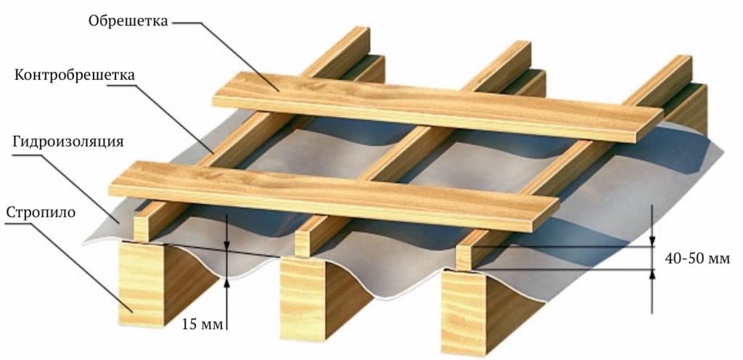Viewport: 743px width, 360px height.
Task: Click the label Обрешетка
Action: [x=128, y=21]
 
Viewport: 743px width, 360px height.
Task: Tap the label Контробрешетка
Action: [x=75, y=75]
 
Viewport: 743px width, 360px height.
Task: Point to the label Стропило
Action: [x=41, y=212]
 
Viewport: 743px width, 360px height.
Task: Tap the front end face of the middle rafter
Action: [x=303, y=298]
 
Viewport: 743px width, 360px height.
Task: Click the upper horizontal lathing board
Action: [x=438, y=107]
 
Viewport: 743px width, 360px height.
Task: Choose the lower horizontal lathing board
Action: [x=334, y=196]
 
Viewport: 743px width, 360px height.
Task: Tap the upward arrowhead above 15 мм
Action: [x=227, y=283]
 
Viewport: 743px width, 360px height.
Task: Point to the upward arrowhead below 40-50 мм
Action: [x=652, y=274]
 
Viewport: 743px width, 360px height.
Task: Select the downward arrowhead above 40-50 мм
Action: [x=652, y=242]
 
